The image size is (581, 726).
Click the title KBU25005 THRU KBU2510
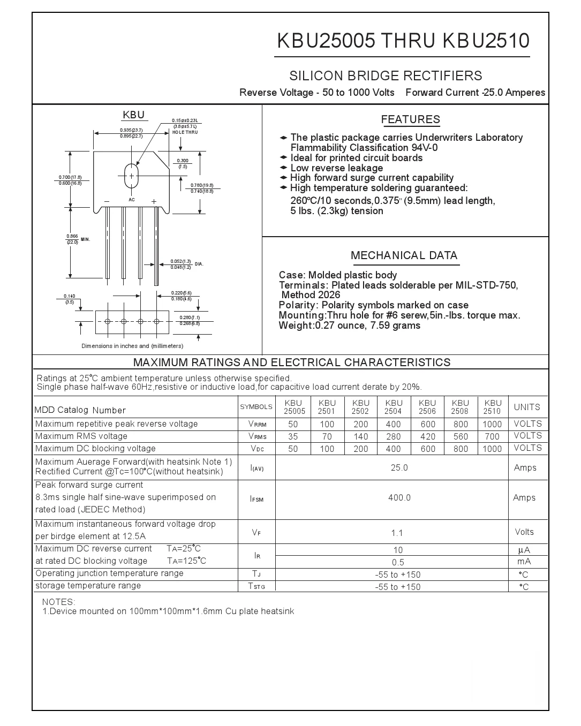click(x=403, y=41)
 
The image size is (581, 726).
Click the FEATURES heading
click(x=410, y=120)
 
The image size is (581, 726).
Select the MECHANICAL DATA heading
click(x=404, y=256)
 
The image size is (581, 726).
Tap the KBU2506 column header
click(x=427, y=407)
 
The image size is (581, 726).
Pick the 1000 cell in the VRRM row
click(x=492, y=424)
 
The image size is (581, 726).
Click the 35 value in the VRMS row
click(x=293, y=436)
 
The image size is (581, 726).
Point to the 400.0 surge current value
click(x=399, y=498)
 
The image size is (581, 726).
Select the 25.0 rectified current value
click(x=399, y=468)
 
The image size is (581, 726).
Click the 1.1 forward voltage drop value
click(x=397, y=533)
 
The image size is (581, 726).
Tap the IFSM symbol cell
click(x=256, y=499)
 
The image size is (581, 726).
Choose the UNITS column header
click(x=527, y=407)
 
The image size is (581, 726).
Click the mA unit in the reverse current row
click(x=524, y=562)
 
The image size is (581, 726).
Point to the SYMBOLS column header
click(x=256, y=407)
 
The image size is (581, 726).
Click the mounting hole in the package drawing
click(x=131, y=176)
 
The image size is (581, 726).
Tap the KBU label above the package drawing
click(x=133, y=115)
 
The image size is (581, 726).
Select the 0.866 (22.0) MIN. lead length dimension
click(x=73, y=239)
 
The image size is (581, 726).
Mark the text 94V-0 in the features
click(x=424, y=148)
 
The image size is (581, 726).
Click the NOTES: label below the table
click(x=59, y=602)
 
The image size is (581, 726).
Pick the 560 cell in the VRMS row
click(x=460, y=436)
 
